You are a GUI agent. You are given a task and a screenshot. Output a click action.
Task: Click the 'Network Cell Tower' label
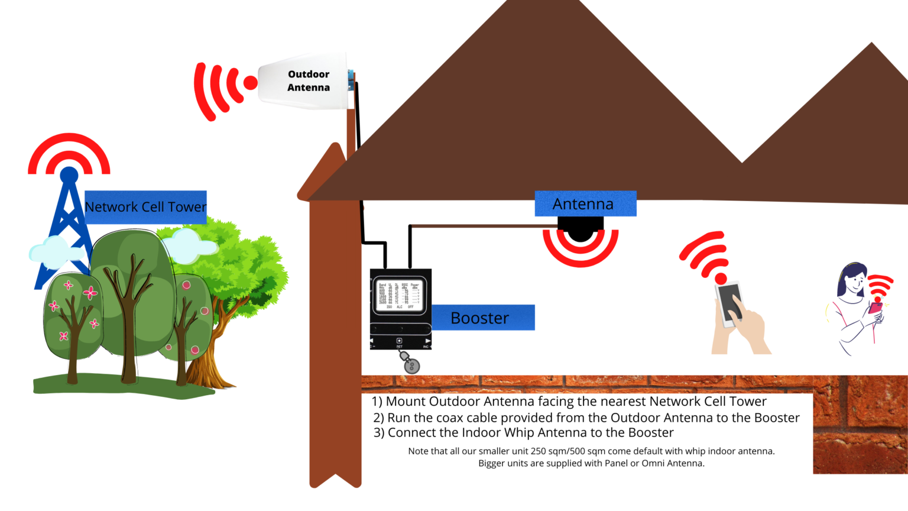[x=145, y=207]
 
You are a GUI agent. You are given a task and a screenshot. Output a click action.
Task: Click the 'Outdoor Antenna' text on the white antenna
[x=309, y=81]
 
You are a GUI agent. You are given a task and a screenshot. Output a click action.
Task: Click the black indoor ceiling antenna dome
[x=581, y=229]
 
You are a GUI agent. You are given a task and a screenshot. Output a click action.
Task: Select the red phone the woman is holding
[x=875, y=308]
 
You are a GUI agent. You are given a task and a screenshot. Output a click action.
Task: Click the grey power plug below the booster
[x=411, y=366]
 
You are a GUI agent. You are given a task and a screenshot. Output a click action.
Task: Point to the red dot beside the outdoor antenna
[x=251, y=83]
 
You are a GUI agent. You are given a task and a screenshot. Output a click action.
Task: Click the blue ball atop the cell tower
[x=69, y=174]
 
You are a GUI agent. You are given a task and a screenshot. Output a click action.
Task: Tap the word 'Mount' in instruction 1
[x=407, y=402]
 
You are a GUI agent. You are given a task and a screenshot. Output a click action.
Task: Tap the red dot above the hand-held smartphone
[x=721, y=278]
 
